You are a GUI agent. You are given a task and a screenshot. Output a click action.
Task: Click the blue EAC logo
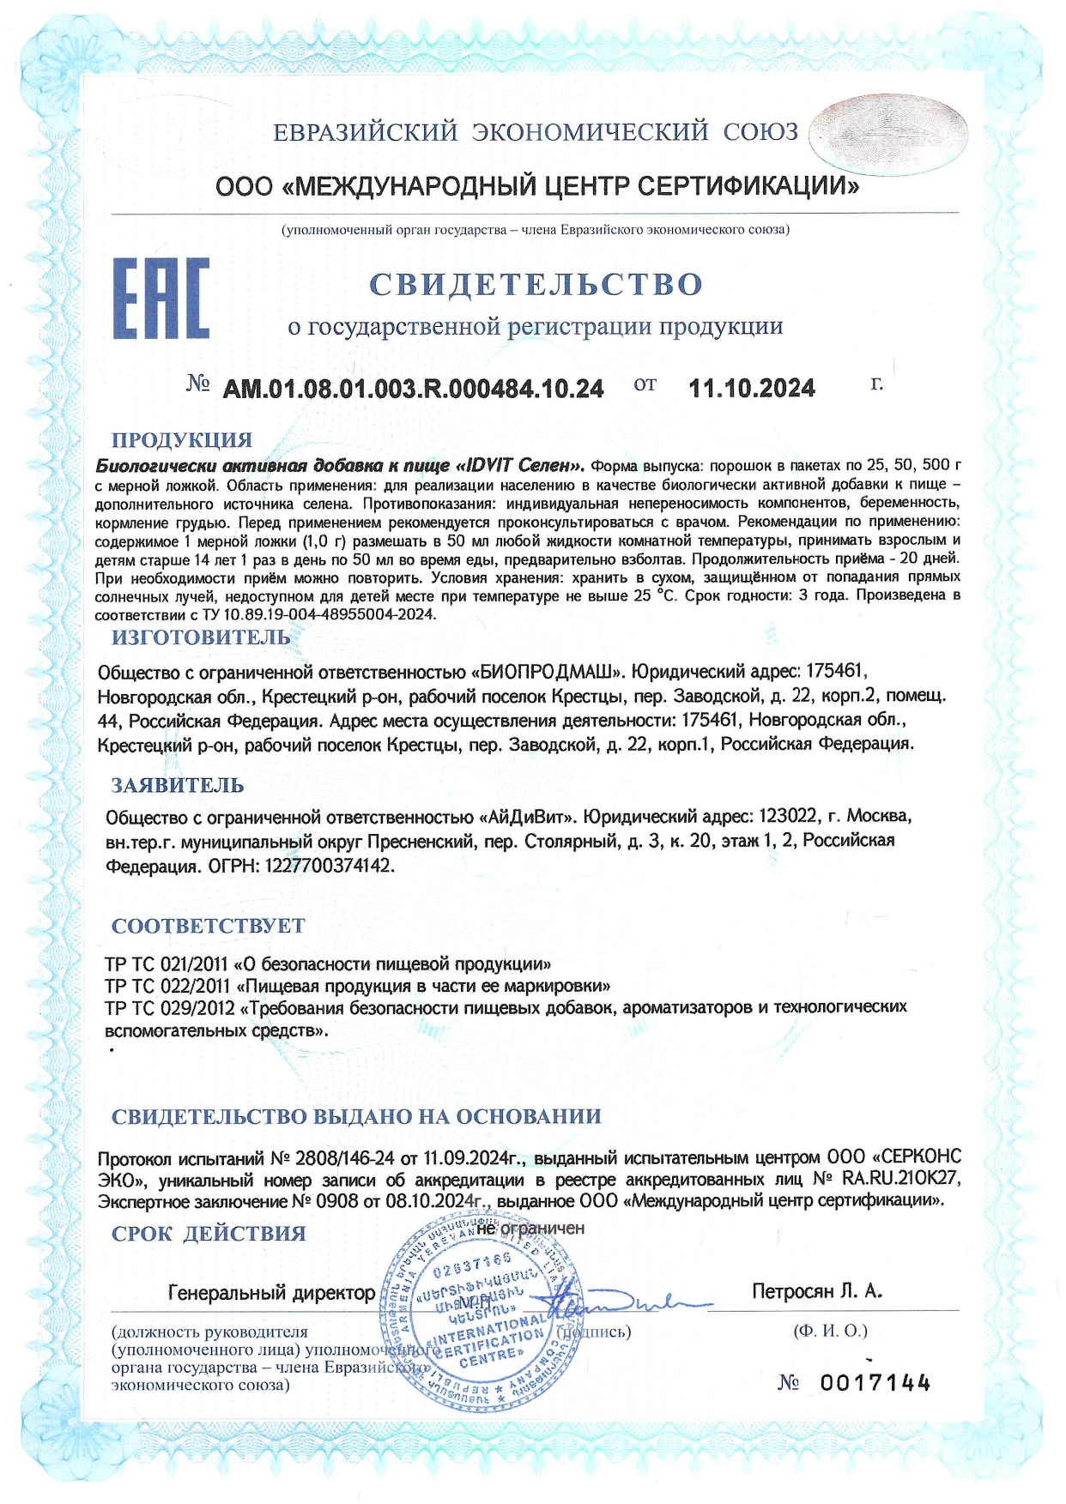coord(161,298)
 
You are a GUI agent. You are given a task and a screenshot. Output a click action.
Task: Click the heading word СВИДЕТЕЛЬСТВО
coord(536,284)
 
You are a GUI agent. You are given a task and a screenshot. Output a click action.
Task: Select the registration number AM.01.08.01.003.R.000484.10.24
coord(413,389)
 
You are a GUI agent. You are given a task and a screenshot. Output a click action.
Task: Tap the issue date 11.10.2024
coord(752,389)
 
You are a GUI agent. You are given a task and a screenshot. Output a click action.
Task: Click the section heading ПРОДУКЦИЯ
coord(182,440)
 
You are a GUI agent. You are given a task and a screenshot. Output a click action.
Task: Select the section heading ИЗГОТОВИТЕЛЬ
coord(201,637)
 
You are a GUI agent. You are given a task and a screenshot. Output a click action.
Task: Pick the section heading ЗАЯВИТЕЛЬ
coord(178,785)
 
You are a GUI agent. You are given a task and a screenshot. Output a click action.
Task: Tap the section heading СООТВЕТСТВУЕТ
coord(209,926)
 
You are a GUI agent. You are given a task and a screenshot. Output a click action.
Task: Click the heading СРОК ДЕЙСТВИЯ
coord(209,1234)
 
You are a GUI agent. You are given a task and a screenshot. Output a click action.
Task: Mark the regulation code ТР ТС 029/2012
coord(170,1007)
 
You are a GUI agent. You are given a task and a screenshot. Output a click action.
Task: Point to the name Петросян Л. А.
coord(817,1291)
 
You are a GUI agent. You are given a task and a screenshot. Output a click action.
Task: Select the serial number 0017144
coord(875,1382)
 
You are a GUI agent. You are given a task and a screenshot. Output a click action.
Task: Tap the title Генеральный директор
coord(271,1292)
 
